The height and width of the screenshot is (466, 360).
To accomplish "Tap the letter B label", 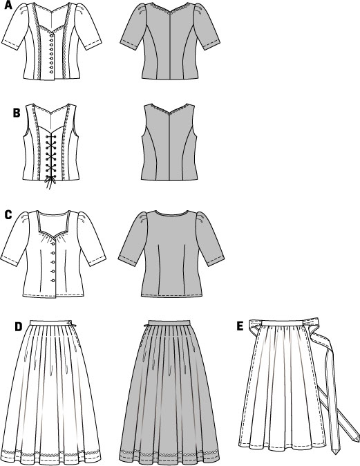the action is coord(17,113).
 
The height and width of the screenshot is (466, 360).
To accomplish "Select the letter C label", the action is coord(8,214).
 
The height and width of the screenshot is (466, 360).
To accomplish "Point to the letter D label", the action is coord(19,326).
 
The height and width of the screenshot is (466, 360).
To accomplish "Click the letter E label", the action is coord(240,326).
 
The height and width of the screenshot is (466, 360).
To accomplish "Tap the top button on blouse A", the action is coord(53,36).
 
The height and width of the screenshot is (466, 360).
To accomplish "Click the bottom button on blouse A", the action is coord(52,72).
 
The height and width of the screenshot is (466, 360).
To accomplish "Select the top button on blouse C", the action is coord(53,243).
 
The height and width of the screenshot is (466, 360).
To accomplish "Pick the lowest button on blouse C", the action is coord(53,281).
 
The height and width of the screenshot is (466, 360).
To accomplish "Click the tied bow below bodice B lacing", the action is coord(50,181).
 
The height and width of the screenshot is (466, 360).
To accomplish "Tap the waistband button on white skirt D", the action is coord(69,322).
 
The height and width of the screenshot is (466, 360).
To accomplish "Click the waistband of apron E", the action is coord(281,323).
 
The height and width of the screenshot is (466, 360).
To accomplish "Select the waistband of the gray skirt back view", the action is coord(169,322).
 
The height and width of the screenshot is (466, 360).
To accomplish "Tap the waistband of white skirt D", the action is coord(51,323).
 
